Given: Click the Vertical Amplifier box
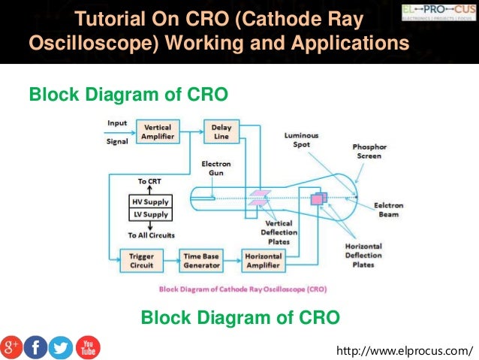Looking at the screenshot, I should (x=158, y=132).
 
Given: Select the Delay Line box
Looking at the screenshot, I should (x=221, y=132).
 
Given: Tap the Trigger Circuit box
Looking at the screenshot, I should (x=142, y=261).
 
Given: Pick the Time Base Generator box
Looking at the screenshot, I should (x=200, y=261).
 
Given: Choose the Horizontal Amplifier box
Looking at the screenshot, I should (x=263, y=261).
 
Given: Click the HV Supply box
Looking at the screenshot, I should (x=151, y=201).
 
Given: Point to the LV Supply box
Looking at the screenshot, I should (x=151, y=214).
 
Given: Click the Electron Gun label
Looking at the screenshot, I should (x=216, y=168).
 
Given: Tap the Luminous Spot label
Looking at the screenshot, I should (x=301, y=140).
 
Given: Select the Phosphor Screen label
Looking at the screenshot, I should (x=367, y=151).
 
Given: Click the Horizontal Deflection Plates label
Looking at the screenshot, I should (x=363, y=256).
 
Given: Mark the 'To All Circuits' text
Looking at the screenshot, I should (x=151, y=235).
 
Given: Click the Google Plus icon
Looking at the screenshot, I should (x=11, y=346).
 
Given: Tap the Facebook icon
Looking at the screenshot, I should (x=35, y=346).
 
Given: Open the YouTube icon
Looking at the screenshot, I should (x=87, y=346).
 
